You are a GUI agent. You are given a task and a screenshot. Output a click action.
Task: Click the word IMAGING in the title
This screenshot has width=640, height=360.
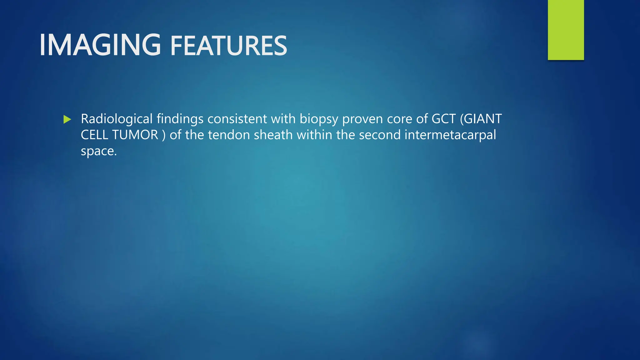(100, 45)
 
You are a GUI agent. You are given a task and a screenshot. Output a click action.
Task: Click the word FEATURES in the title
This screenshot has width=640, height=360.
(228, 46)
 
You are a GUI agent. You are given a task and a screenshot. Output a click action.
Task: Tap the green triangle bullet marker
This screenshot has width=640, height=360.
(67, 119)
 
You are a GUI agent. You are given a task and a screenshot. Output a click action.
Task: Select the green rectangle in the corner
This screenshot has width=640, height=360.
(566, 30)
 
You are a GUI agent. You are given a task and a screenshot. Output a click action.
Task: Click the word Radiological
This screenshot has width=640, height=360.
(117, 119)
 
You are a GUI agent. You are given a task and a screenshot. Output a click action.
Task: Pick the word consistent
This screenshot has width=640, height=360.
(237, 119)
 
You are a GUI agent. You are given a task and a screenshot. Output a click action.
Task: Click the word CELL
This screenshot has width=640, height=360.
(94, 135)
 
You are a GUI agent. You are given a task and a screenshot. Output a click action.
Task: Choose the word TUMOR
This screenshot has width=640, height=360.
(135, 135)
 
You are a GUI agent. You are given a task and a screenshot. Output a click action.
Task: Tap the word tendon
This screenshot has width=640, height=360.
(229, 135)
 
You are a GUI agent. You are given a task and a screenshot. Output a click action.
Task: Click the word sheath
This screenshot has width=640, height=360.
(273, 135)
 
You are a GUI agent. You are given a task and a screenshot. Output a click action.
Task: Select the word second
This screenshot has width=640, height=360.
(379, 135)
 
